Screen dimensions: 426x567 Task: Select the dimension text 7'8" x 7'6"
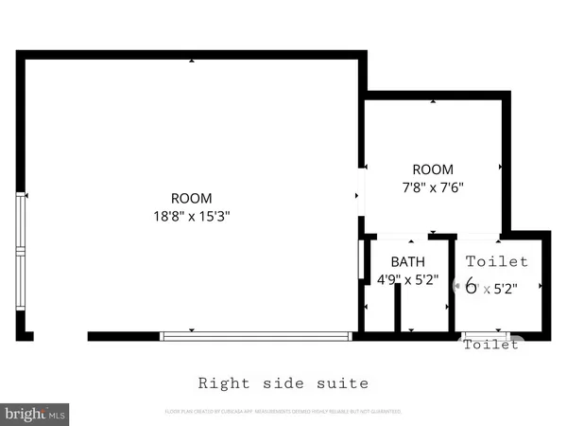tap(433, 187)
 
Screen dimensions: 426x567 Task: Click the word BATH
tap(408, 262)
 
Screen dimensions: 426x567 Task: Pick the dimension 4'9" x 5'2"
tap(408, 279)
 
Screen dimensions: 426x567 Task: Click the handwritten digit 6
tap(471, 286)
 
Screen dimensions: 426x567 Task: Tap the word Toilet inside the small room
tap(497, 261)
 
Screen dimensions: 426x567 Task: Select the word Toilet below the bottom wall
tap(490, 346)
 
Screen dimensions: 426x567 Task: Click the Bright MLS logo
tap(36, 414)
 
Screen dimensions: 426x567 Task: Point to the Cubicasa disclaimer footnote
tap(283, 412)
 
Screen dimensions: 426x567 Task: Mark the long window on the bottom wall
tap(256, 334)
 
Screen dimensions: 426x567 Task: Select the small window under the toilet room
tap(489, 335)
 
